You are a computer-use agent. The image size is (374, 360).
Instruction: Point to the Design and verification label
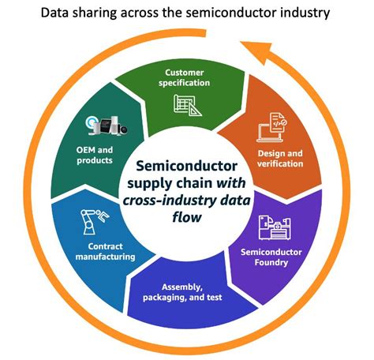pyautogui.click(x=280, y=158)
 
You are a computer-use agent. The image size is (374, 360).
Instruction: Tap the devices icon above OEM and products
pyautogui.click(x=105, y=128)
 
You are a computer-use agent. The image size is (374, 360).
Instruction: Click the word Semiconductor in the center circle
pyautogui.click(x=187, y=167)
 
